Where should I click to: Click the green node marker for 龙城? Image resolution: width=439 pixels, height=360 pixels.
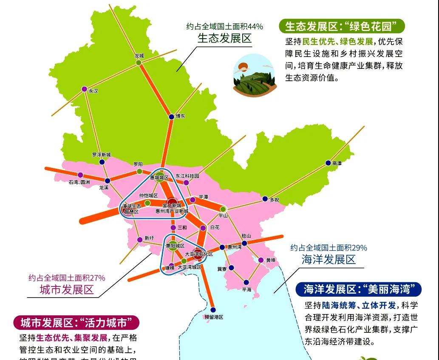click(139, 62)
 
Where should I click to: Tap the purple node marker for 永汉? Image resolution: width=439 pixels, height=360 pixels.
click(84, 89)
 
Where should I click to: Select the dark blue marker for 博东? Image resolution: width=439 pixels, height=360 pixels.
click(171, 116)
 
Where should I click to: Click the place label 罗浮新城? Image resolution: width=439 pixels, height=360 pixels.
click(101, 155)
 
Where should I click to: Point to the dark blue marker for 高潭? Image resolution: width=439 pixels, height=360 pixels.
click(328, 163)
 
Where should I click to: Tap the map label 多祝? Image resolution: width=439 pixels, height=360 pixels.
click(275, 200)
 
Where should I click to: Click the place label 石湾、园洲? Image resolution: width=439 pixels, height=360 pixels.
click(79, 182)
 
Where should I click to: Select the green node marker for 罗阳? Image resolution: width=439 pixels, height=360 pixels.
click(139, 171)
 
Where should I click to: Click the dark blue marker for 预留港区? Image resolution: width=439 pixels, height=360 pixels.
click(213, 310)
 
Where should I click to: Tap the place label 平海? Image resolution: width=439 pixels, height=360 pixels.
click(246, 289)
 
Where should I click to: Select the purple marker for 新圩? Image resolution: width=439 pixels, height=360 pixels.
click(140, 240)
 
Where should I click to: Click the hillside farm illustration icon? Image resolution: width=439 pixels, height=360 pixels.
click(255, 74)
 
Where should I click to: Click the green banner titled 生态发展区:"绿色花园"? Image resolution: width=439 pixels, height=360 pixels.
click(342, 26)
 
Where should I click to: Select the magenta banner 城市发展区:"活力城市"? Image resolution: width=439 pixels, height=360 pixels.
click(76, 323)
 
